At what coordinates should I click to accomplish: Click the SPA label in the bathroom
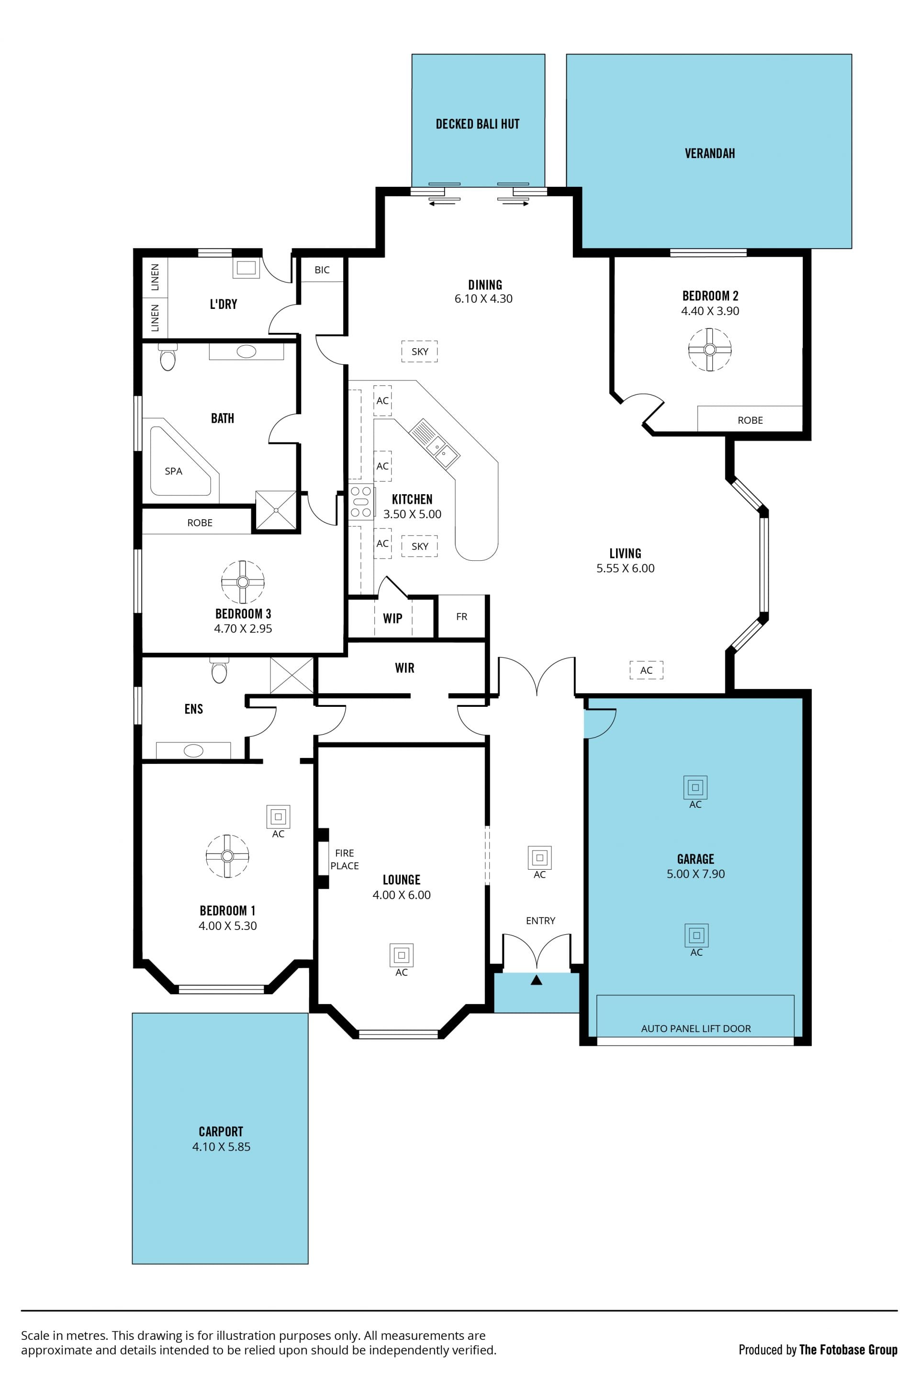point(173,471)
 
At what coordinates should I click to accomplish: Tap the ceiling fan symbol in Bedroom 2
point(710,350)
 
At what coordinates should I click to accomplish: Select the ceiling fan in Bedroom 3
point(243,582)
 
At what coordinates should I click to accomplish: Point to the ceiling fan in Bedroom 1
point(227,856)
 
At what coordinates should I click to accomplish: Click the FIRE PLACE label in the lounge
point(345,860)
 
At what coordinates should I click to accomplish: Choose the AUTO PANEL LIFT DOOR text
point(695,1029)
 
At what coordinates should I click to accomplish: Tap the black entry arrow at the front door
point(536,980)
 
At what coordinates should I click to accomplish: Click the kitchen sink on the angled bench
point(434,443)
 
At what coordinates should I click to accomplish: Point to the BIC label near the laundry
point(322,270)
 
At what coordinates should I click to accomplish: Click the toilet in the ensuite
point(219,670)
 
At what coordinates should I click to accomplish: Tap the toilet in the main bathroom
point(168,357)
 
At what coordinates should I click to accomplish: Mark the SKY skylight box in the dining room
point(420,351)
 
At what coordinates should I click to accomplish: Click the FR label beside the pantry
point(462,617)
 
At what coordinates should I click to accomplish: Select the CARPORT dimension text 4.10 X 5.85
point(222,1147)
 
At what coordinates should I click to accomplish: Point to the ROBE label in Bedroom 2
point(750,420)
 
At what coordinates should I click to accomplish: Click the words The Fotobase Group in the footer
point(848,1350)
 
